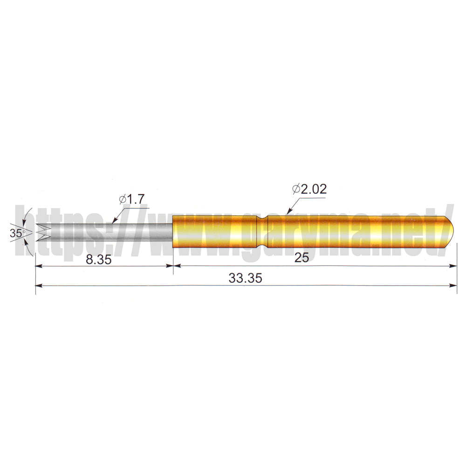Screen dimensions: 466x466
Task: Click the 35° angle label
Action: [16, 233]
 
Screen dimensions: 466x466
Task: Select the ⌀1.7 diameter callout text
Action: [132, 199]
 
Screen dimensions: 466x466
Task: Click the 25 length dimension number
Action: [302, 258]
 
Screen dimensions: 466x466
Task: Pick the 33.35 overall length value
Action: [246, 278]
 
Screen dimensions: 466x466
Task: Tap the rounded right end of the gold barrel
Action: [451, 232]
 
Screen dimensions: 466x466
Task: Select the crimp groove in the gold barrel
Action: [262, 232]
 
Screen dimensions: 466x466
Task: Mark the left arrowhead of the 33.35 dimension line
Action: [39, 285]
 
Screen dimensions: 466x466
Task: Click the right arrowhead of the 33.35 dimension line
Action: [454, 285]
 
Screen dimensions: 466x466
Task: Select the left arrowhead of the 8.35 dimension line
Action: [39, 266]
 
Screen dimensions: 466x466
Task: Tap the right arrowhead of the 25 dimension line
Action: [454, 266]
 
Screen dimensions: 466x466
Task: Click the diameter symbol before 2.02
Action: [296, 189]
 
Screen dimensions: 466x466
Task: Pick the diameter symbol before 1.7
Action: [123, 199]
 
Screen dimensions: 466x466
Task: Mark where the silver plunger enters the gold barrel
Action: [173, 232]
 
